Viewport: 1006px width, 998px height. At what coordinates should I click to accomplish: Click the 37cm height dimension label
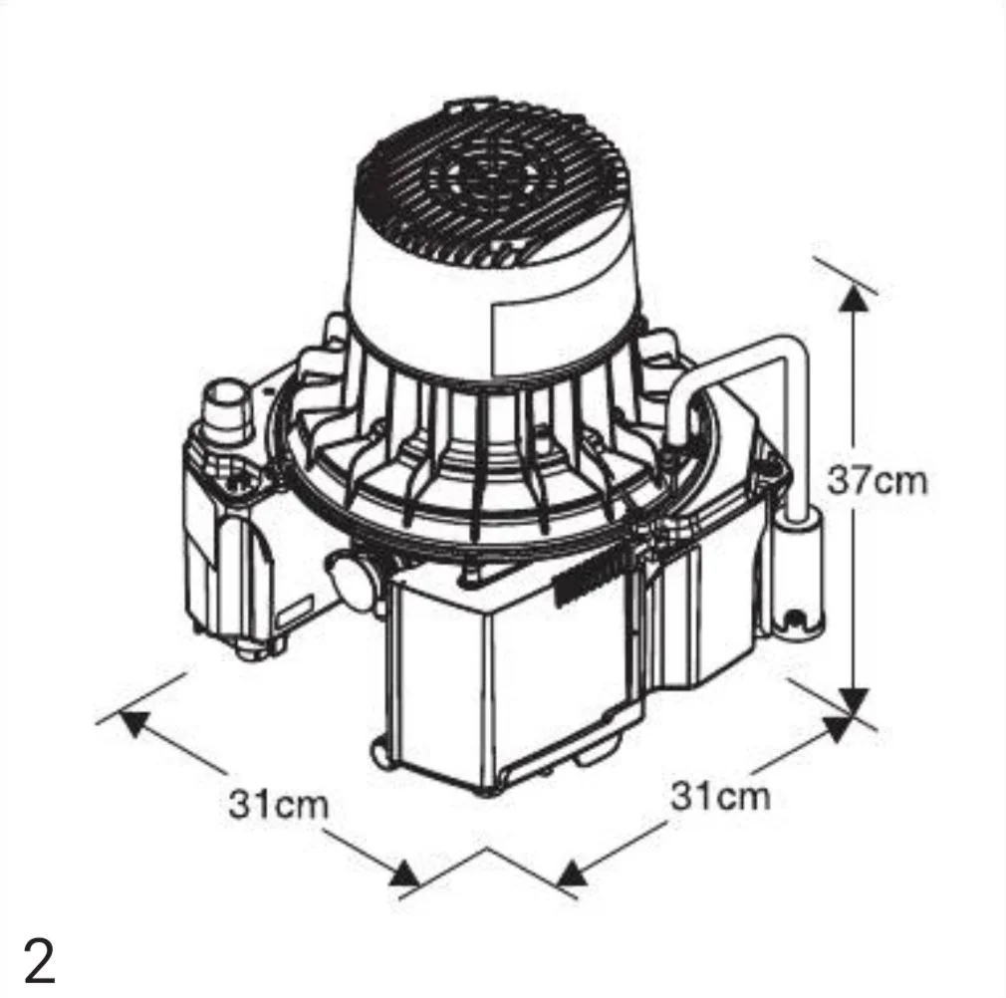point(877,480)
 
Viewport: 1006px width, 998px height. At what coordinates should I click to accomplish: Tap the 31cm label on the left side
point(279,804)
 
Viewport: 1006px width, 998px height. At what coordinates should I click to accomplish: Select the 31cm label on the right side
point(720,797)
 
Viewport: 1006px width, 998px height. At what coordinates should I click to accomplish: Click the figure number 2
point(40,960)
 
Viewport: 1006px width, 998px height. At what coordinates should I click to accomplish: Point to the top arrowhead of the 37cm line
point(854,298)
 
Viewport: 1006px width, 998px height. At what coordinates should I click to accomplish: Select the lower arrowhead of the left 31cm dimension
point(404,873)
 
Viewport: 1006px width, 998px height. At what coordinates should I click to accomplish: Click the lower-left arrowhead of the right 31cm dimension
point(573,873)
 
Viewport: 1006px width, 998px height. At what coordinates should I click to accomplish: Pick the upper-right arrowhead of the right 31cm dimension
point(838,729)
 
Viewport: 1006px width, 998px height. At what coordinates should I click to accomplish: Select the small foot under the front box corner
point(379,757)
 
